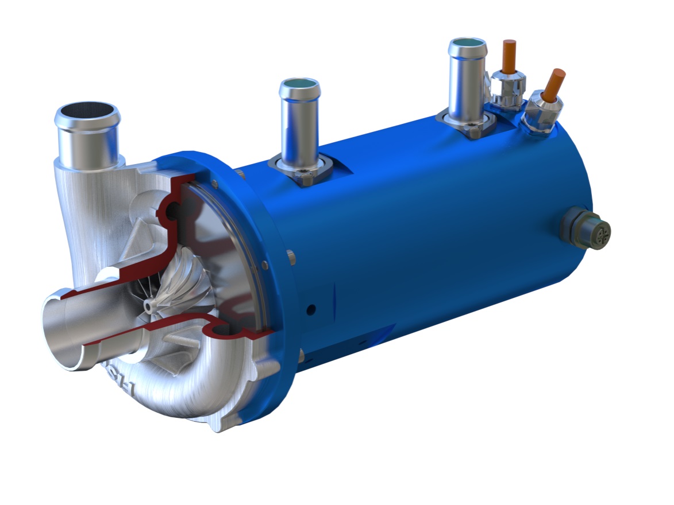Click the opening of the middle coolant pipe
point(299,90)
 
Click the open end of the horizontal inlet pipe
point(57,333)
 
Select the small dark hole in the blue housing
point(311,310)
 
